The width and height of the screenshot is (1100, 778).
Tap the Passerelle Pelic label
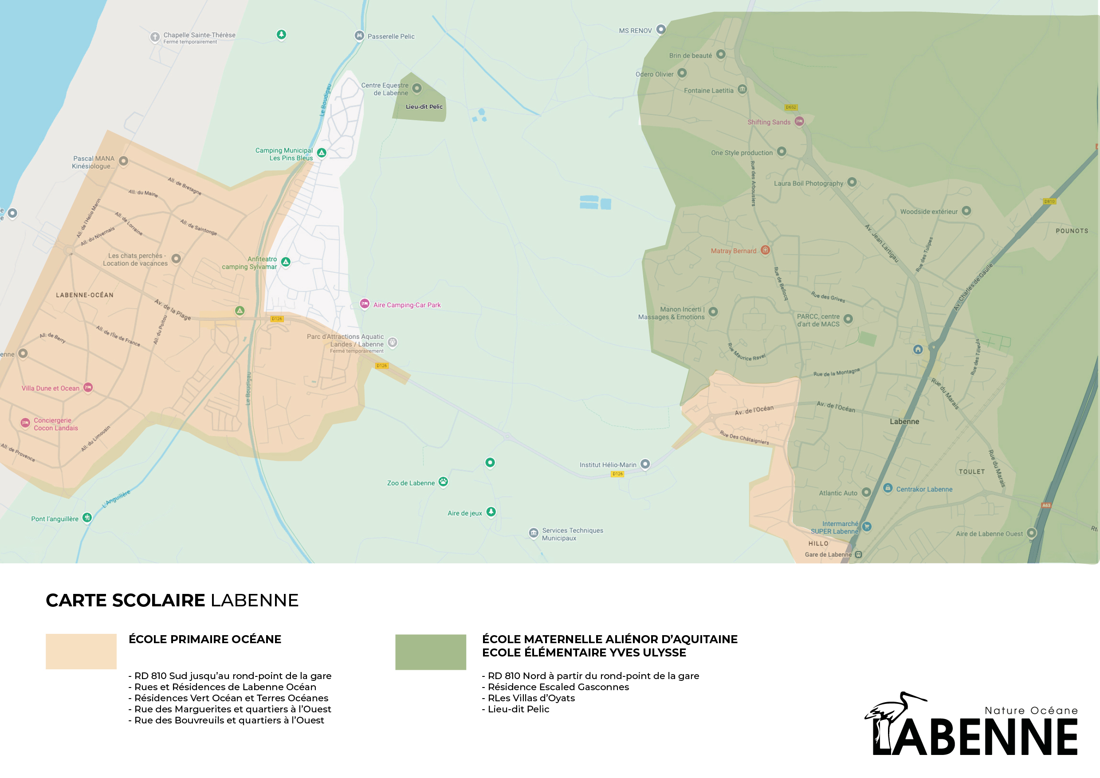[x=391, y=36]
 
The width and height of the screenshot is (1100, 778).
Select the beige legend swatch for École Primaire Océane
[x=81, y=651]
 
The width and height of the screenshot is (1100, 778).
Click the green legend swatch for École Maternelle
[x=430, y=652]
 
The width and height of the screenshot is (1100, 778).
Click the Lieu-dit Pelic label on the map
[x=424, y=107]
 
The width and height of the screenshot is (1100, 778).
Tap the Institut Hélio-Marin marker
[x=645, y=464]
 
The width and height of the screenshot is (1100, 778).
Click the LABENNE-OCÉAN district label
[x=85, y=295]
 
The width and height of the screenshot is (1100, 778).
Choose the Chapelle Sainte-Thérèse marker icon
[x=155, y=36]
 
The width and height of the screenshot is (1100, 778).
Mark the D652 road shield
[x=791, y=107]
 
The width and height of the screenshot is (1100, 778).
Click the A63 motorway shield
[x=1046, y=505]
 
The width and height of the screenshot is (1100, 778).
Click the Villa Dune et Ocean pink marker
[x=88, y=387]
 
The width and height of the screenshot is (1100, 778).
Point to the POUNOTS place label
[x=1072, y=231]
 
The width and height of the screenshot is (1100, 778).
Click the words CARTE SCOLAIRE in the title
[x=125, y=600]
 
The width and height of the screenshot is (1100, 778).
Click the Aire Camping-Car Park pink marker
[x=365, y=303]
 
